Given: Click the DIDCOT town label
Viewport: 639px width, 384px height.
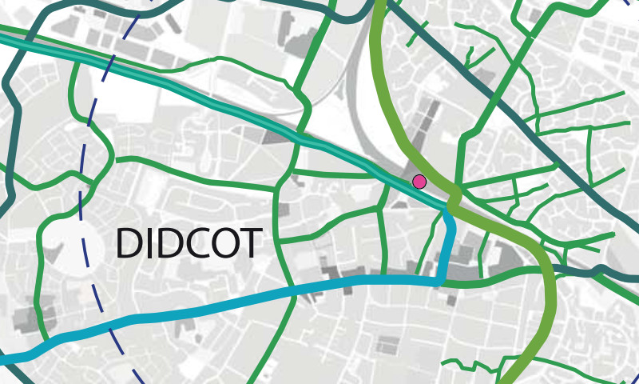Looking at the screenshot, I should pyautogui.click(x=189, y=243).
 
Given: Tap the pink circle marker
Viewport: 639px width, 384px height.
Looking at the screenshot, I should pyautogui.click(x=419, y=182).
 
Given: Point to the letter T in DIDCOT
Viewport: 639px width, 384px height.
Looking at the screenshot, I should pyautogui.click(x=251, y=243).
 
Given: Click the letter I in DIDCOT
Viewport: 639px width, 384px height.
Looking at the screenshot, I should pyautogui.click(x=149, y=243).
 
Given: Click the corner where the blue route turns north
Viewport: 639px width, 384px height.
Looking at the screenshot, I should pyautogui.click(x=439, y=282).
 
